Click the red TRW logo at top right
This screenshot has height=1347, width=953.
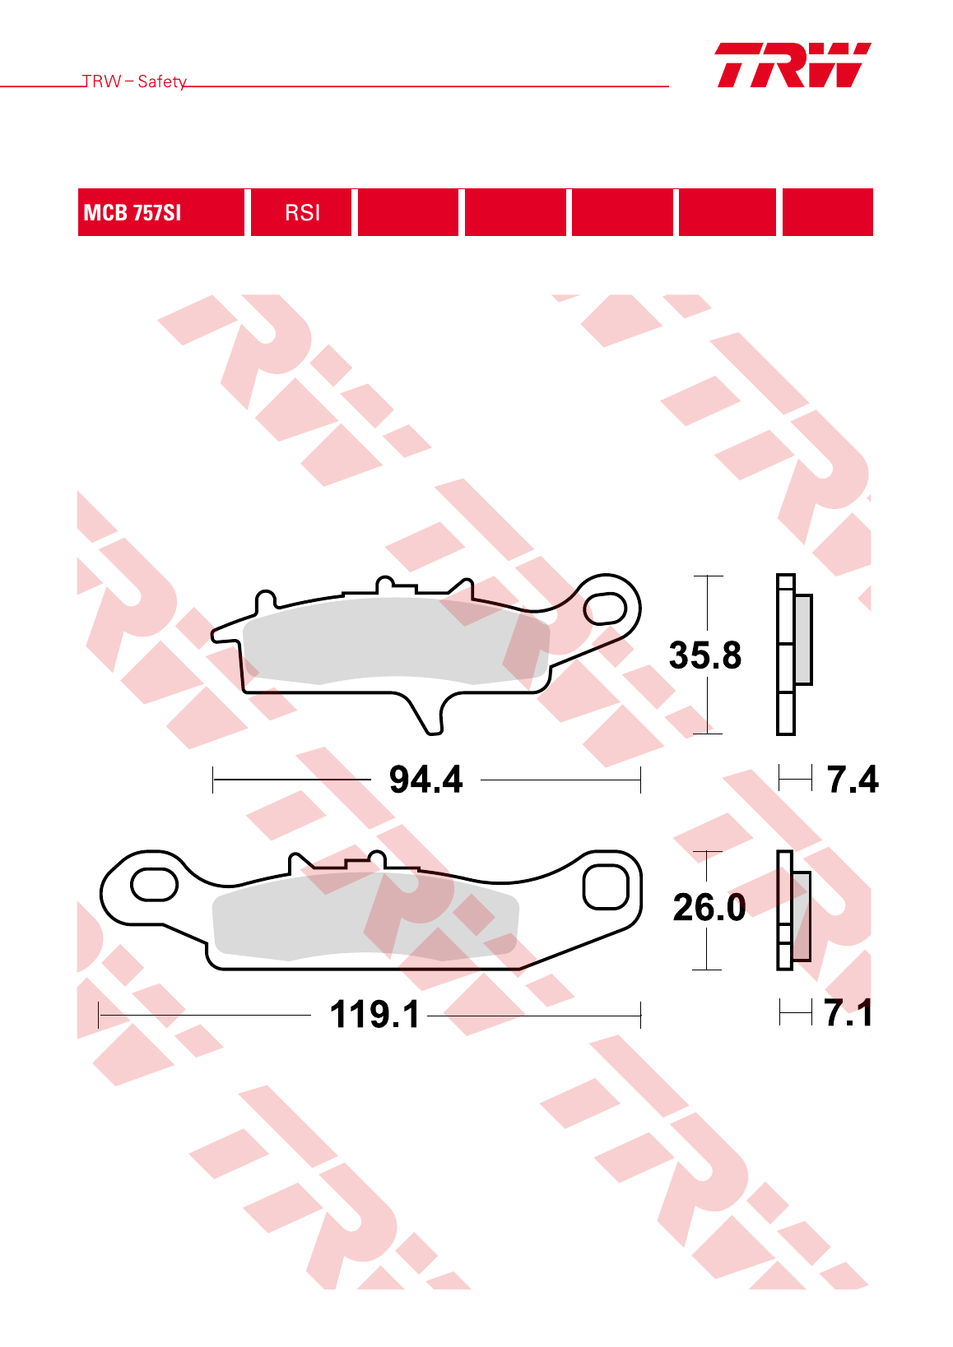point(793,65)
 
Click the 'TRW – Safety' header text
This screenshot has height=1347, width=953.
point(134,81)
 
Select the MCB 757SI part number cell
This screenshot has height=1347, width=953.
point(160,212)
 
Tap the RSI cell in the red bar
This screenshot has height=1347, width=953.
point(301,212)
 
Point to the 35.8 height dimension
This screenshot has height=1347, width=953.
point(705,655)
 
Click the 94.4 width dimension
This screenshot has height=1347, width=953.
point(426,780)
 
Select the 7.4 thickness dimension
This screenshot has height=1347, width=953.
point(853,780)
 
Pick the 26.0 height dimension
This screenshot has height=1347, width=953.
point(709,907)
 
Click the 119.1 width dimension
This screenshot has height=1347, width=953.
point(374,1015)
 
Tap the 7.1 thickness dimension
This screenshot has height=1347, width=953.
point(848,1013)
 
